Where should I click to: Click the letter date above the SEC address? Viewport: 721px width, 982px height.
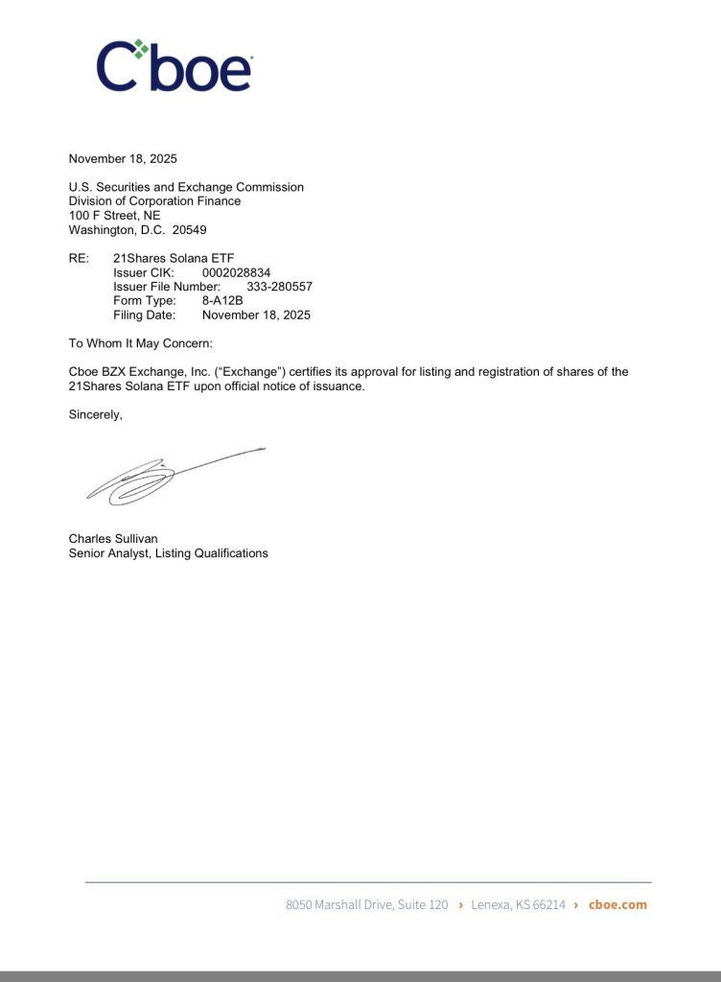pyautogui.click(x=123, y=159)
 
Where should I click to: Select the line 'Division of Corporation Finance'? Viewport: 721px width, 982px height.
pyautogui.click(x=154, y=201)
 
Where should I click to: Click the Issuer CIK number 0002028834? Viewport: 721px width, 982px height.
pyautogui.click(x=236, y=272)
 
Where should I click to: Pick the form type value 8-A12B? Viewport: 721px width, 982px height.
pyautogui.click(x=222, y=300)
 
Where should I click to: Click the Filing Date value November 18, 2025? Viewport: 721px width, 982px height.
pyautogui.click(x=256, y=315)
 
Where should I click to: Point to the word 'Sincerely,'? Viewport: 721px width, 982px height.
pyautogui.click(x=96, y=414)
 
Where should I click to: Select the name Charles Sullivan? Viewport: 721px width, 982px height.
pyautogui.click(x=113, y=539)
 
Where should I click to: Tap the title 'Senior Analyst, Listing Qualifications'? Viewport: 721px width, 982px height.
pyautogui.click(x=169, y=553)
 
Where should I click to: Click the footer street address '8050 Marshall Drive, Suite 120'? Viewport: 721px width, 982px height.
pyautogui.click(x=366, y=904)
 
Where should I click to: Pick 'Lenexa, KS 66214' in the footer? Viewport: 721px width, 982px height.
pyautogui.click(x=518, y=904)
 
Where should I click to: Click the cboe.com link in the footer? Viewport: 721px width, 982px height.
pyautogui.click(x=617, y=904)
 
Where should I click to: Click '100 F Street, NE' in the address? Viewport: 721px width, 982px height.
pyautogui.click(x=114, y=216)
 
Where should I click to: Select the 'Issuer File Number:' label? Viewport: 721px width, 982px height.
pyautogui.click(x=167, y=287)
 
